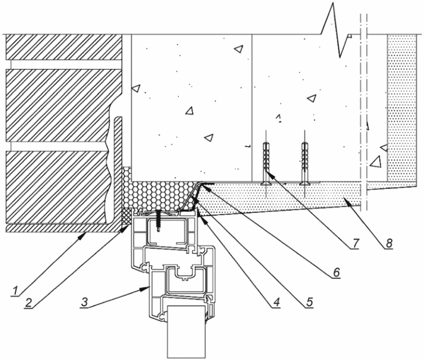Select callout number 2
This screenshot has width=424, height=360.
pyautogui.click(x=28, y=303)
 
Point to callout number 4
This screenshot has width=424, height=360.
pyautogui.click(x=276, y=302)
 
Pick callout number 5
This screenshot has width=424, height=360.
pyautogui.click(x=309, y=302)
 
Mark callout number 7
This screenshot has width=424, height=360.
pyautogui.click(x=355, y=243)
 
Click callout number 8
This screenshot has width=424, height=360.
pyautogui.click(x=388, y=243)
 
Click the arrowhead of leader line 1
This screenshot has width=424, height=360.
pyautogui.click(x=83, y=235)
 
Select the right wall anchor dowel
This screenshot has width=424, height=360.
pyautogui.click(x=305, y=164)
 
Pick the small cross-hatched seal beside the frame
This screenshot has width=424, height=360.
pyautogui.click(x=125, y=217)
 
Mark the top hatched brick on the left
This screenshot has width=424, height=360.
pyautogui.click(x=63, y=47)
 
